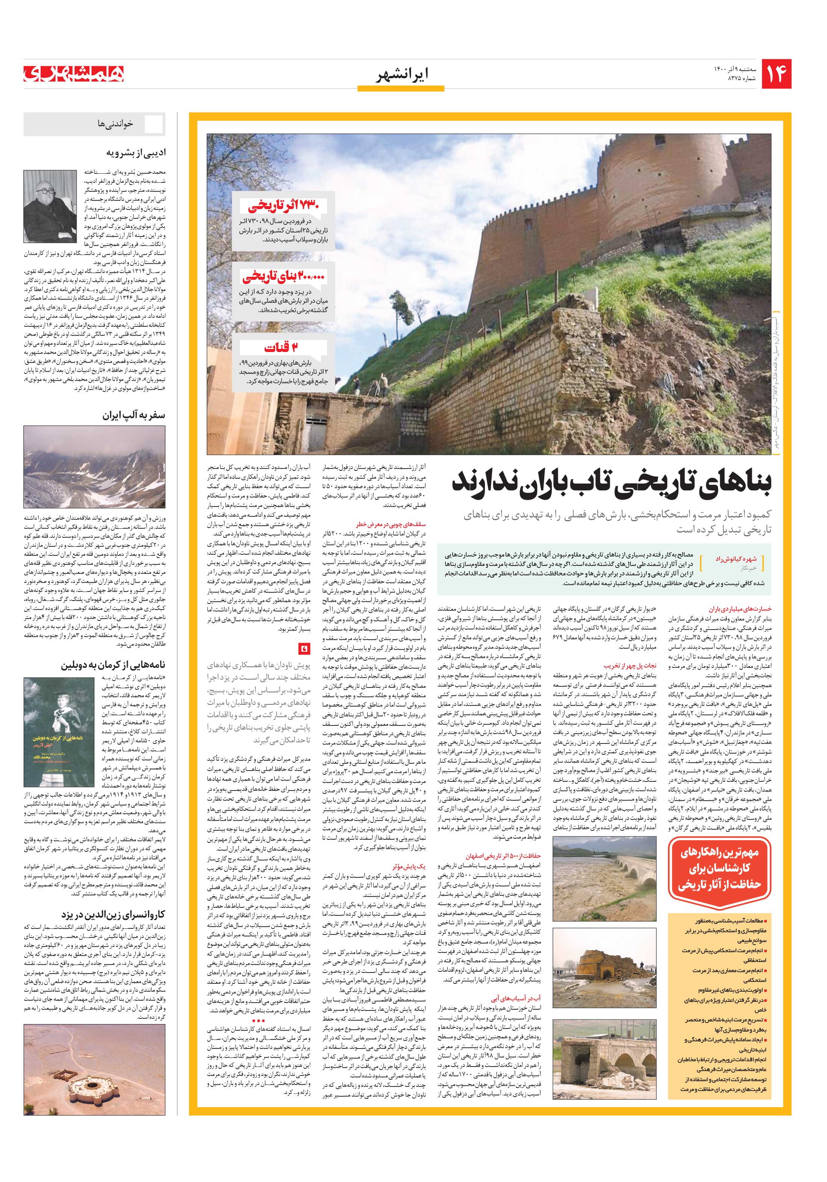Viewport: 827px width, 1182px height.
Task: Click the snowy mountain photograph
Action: (94, 467)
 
